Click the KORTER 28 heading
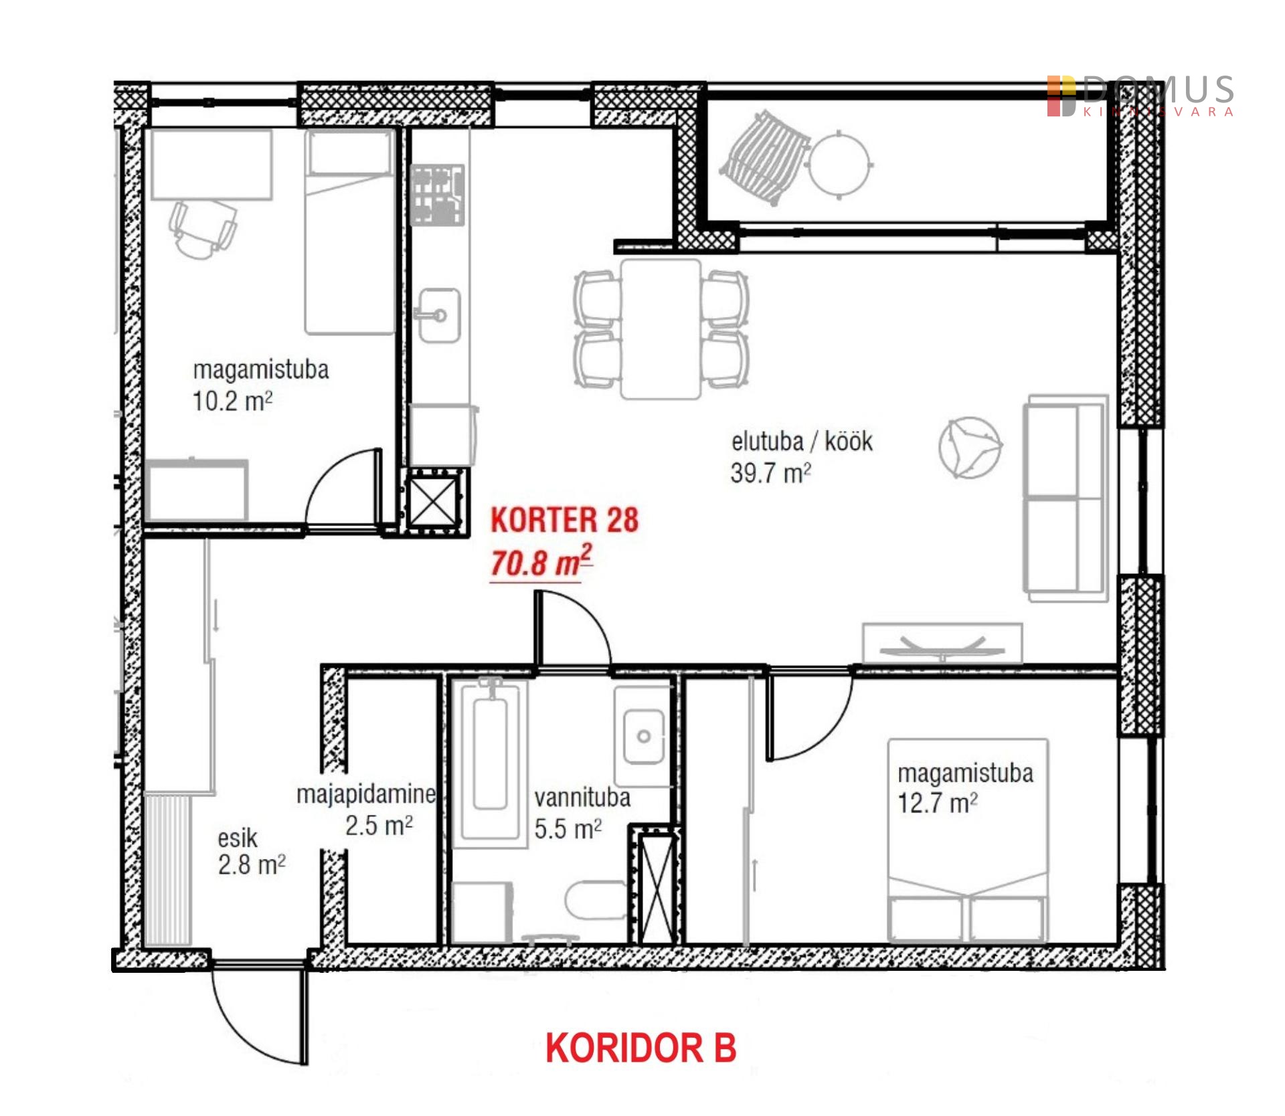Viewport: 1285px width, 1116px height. click(564, 521)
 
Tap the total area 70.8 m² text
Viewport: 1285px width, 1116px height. click(541, 562)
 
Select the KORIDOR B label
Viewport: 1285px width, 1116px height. click(640, 1048)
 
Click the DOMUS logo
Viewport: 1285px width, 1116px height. click(1140, 96)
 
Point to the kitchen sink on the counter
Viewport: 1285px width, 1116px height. click(439, 315)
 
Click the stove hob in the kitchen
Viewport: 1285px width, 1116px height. click(438, 195)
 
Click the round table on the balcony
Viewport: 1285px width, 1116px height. click(839, 163)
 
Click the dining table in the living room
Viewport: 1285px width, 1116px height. click(661, 329)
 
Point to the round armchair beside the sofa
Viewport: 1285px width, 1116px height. click(970, 448)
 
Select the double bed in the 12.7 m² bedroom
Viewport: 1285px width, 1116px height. click(968, 840)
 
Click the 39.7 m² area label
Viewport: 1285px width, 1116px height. click(770, 473)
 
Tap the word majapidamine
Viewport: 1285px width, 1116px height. click(366, 794)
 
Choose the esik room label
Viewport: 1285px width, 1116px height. click(238, 838)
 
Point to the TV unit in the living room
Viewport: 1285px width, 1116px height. click(942, 643)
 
